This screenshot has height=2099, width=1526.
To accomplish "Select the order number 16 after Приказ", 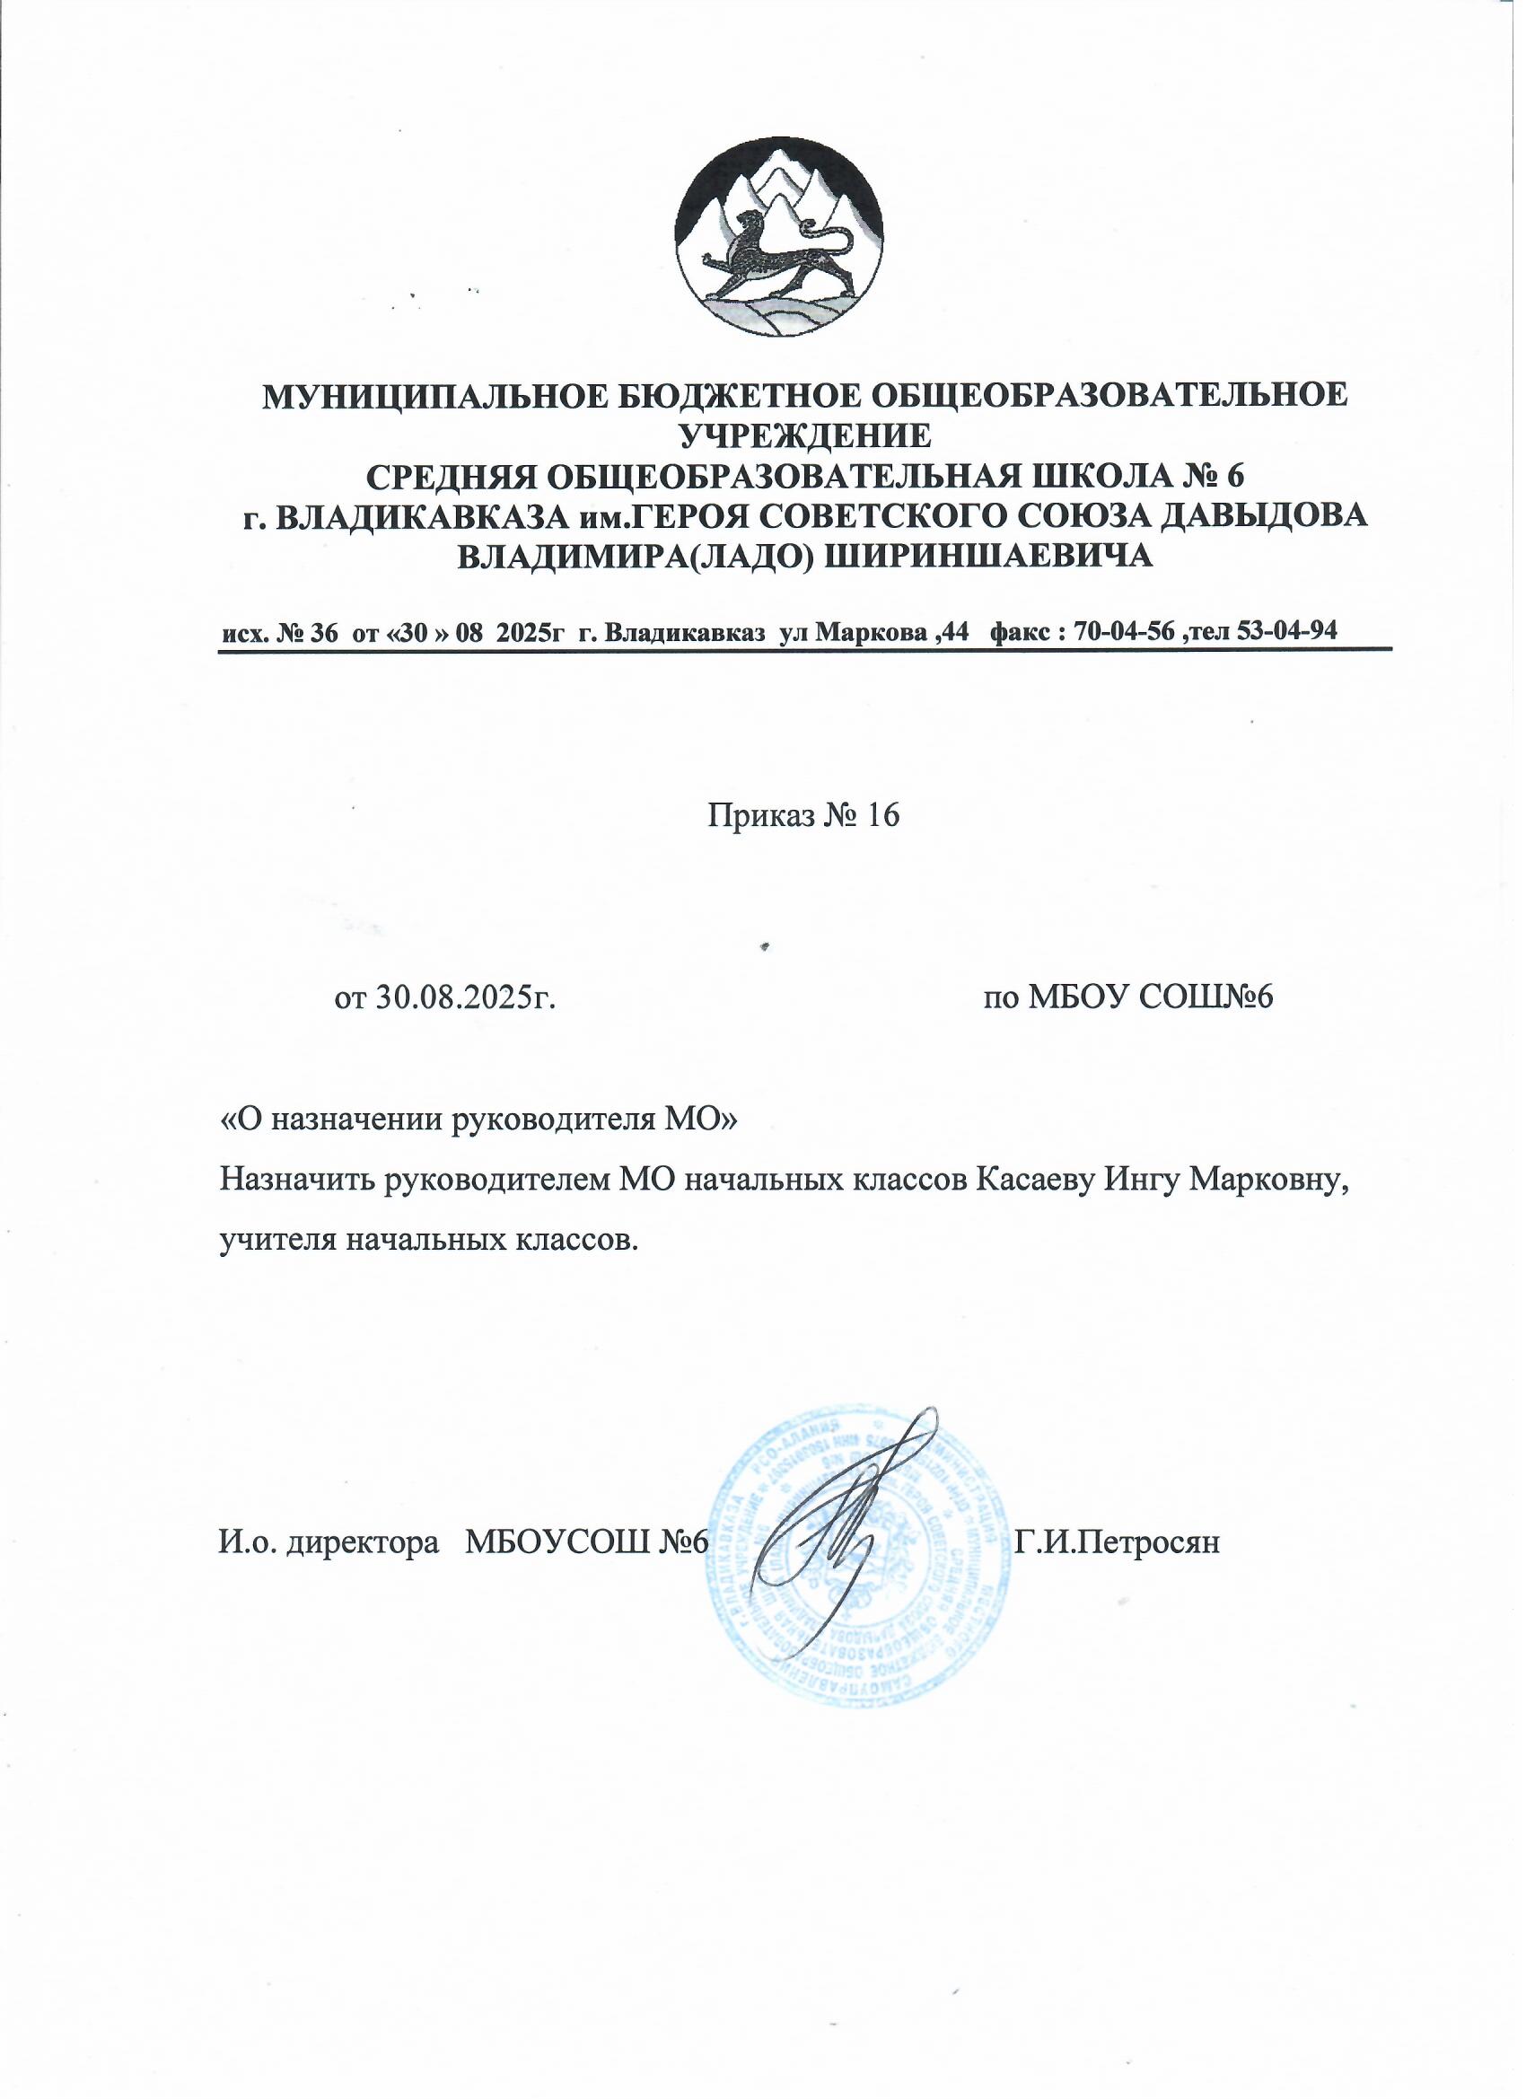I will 881,814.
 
